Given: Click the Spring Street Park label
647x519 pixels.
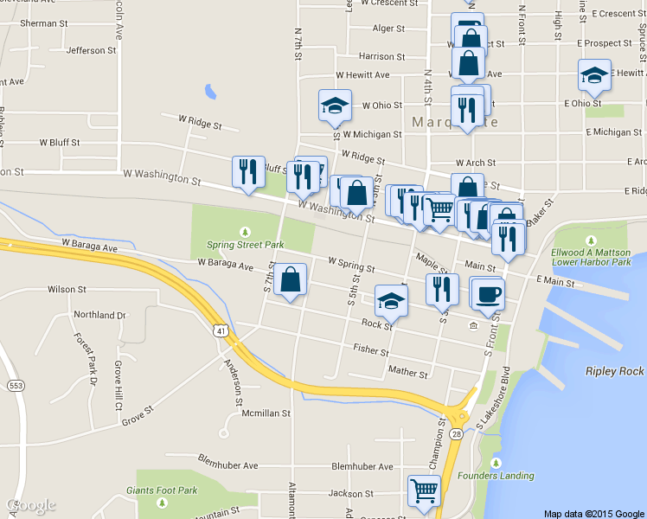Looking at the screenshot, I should point(245,245).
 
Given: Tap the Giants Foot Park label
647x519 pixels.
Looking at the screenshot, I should point(162,490).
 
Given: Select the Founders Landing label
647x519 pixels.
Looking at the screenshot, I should point(506,476).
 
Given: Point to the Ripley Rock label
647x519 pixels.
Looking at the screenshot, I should point(614,371).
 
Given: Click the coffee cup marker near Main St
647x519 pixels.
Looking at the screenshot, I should point(487,293).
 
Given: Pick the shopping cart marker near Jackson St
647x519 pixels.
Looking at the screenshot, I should point(424,490).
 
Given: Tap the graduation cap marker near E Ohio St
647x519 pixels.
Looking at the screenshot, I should point(594,75).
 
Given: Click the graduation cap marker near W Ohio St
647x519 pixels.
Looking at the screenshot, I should point(335,106).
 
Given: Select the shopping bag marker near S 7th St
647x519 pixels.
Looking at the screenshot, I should point(290,280).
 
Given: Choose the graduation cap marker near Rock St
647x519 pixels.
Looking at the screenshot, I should point(391,303).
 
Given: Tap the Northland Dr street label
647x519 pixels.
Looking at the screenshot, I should point(99,315).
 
